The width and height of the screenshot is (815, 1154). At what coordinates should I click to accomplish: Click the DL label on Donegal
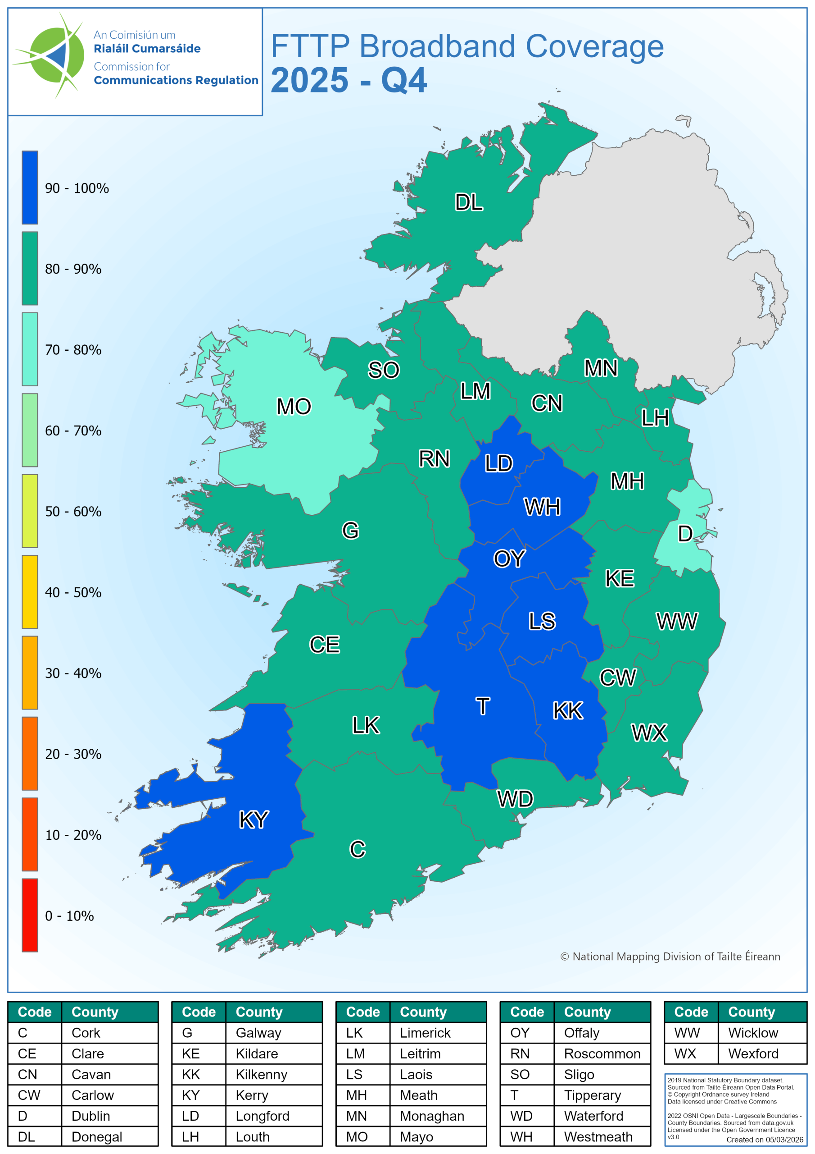468,202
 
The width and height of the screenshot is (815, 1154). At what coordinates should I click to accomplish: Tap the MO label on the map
294,406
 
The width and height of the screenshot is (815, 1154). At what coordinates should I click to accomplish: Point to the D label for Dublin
685,533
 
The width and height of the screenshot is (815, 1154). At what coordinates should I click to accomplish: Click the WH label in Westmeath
542,507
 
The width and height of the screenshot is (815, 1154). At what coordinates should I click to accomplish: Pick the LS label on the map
542,621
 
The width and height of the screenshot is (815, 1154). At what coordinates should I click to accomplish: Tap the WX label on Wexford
649,733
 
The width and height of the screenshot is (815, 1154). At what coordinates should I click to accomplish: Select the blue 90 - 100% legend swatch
30,188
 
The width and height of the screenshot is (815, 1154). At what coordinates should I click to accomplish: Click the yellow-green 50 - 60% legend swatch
30,511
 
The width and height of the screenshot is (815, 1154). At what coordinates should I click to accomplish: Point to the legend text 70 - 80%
73,350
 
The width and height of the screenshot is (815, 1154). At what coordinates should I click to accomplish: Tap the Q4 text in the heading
404,80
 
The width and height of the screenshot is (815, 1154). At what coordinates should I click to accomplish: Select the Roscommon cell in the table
602,1053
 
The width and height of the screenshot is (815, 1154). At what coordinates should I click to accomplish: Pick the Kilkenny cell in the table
261,1075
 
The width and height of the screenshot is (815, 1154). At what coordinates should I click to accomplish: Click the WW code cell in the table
687,1032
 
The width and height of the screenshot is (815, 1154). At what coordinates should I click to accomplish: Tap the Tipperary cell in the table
592,1095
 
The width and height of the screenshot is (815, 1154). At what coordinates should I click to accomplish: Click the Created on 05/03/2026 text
764,1140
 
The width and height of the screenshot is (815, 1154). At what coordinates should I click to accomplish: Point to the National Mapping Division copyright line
670,957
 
